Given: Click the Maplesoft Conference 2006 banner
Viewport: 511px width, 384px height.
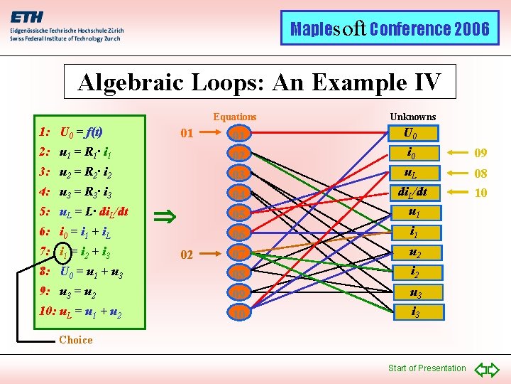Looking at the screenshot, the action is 390,29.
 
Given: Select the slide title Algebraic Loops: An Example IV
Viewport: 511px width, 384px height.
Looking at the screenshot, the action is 260,82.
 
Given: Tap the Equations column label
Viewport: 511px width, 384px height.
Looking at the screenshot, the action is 235,117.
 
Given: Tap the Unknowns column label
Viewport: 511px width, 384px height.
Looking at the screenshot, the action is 413,117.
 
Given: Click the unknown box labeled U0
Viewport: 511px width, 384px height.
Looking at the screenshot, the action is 410,132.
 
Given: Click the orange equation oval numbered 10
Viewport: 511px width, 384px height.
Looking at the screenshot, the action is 239,311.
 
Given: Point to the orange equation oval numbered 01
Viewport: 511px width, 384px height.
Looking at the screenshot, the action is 239,133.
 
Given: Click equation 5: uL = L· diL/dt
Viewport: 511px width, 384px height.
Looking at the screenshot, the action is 83,212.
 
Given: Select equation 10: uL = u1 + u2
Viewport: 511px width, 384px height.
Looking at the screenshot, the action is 79,311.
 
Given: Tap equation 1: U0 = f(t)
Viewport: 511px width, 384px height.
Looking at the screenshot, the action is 72,132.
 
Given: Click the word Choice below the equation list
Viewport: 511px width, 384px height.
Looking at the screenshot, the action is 76,340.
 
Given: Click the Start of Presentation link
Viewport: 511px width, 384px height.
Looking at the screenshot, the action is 427,368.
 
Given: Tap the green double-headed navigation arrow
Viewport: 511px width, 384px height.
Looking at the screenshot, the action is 487,368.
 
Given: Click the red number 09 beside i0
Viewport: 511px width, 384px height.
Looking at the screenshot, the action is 480,153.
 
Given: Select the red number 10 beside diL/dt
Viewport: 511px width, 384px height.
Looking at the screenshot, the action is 480,193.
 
